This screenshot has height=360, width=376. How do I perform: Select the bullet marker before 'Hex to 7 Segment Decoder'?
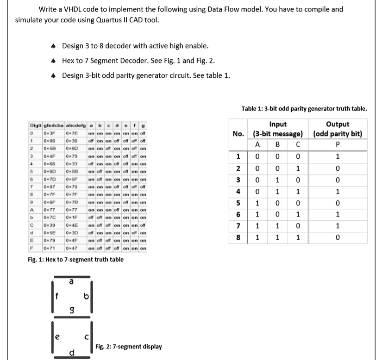(54, 61)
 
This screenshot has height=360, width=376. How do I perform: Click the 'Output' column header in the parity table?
(337, 124)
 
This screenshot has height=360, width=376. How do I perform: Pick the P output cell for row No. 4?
(337, 191)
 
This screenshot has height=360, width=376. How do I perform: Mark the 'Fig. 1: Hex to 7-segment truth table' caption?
(76, 260)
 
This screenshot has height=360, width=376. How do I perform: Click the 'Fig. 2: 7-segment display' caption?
(129, 346)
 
